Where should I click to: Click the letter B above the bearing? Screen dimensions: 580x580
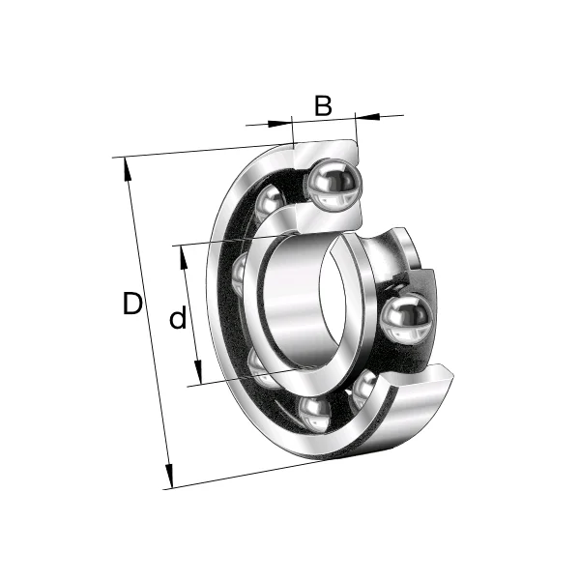[322, 105]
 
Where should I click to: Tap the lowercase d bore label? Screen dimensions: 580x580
[178, 318]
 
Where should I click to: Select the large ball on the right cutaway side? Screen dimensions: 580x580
[405, 319]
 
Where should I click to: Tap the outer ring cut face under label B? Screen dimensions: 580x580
[325, 149]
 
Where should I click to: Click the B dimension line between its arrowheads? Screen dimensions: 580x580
[324, 119]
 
